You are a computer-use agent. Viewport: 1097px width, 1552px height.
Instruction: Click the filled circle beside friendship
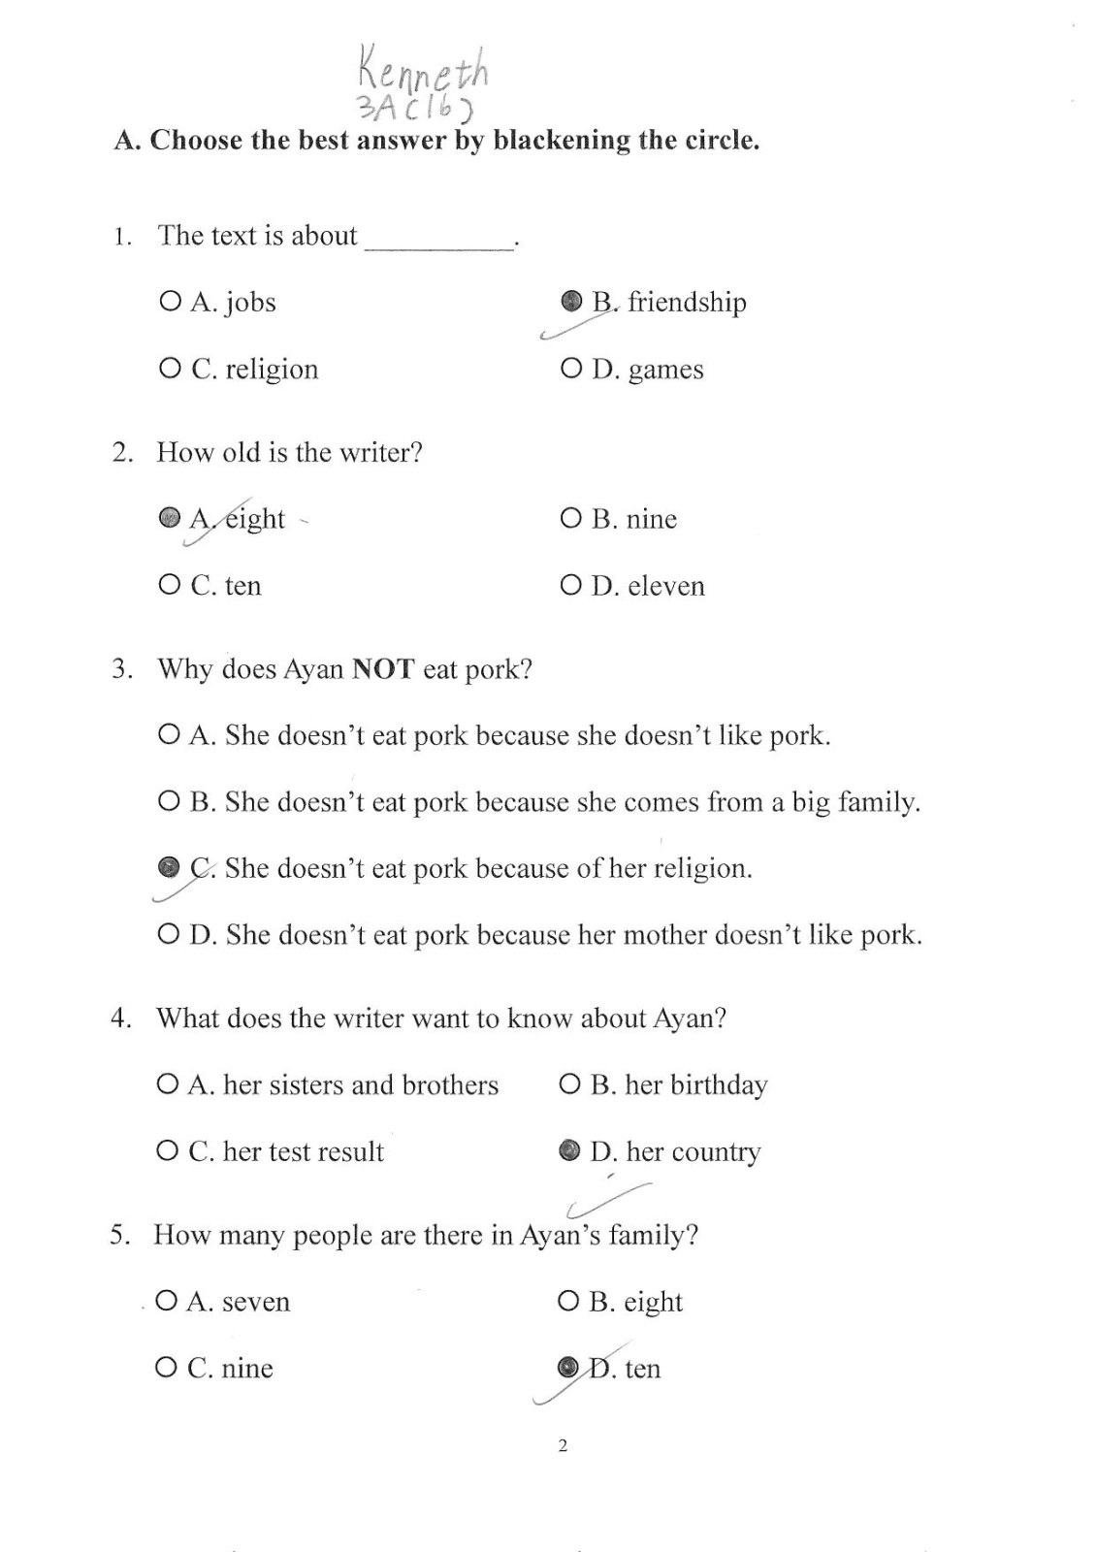(571, 301)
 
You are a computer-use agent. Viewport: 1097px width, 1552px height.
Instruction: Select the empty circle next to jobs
(170, 302)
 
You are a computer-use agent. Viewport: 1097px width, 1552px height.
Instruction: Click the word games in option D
(665, 370)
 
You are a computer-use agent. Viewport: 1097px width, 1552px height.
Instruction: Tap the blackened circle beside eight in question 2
(170, 518)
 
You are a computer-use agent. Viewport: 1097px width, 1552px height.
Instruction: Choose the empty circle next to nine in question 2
(570, 519)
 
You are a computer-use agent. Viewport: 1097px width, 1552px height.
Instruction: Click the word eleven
(666, 586)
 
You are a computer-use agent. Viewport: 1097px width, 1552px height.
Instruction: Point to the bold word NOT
(383, 669)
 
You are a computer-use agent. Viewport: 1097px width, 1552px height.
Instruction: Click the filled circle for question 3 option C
(169, 866)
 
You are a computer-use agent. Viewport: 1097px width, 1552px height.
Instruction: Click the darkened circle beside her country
(569, 1150)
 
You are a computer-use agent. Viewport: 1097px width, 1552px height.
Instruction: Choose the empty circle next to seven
(167, 1301)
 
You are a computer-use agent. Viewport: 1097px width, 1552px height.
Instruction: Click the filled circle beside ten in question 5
(567, 1368)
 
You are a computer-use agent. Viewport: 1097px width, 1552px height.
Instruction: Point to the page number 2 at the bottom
(563, 1446)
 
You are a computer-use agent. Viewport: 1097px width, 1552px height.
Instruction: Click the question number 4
(120, 1018)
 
